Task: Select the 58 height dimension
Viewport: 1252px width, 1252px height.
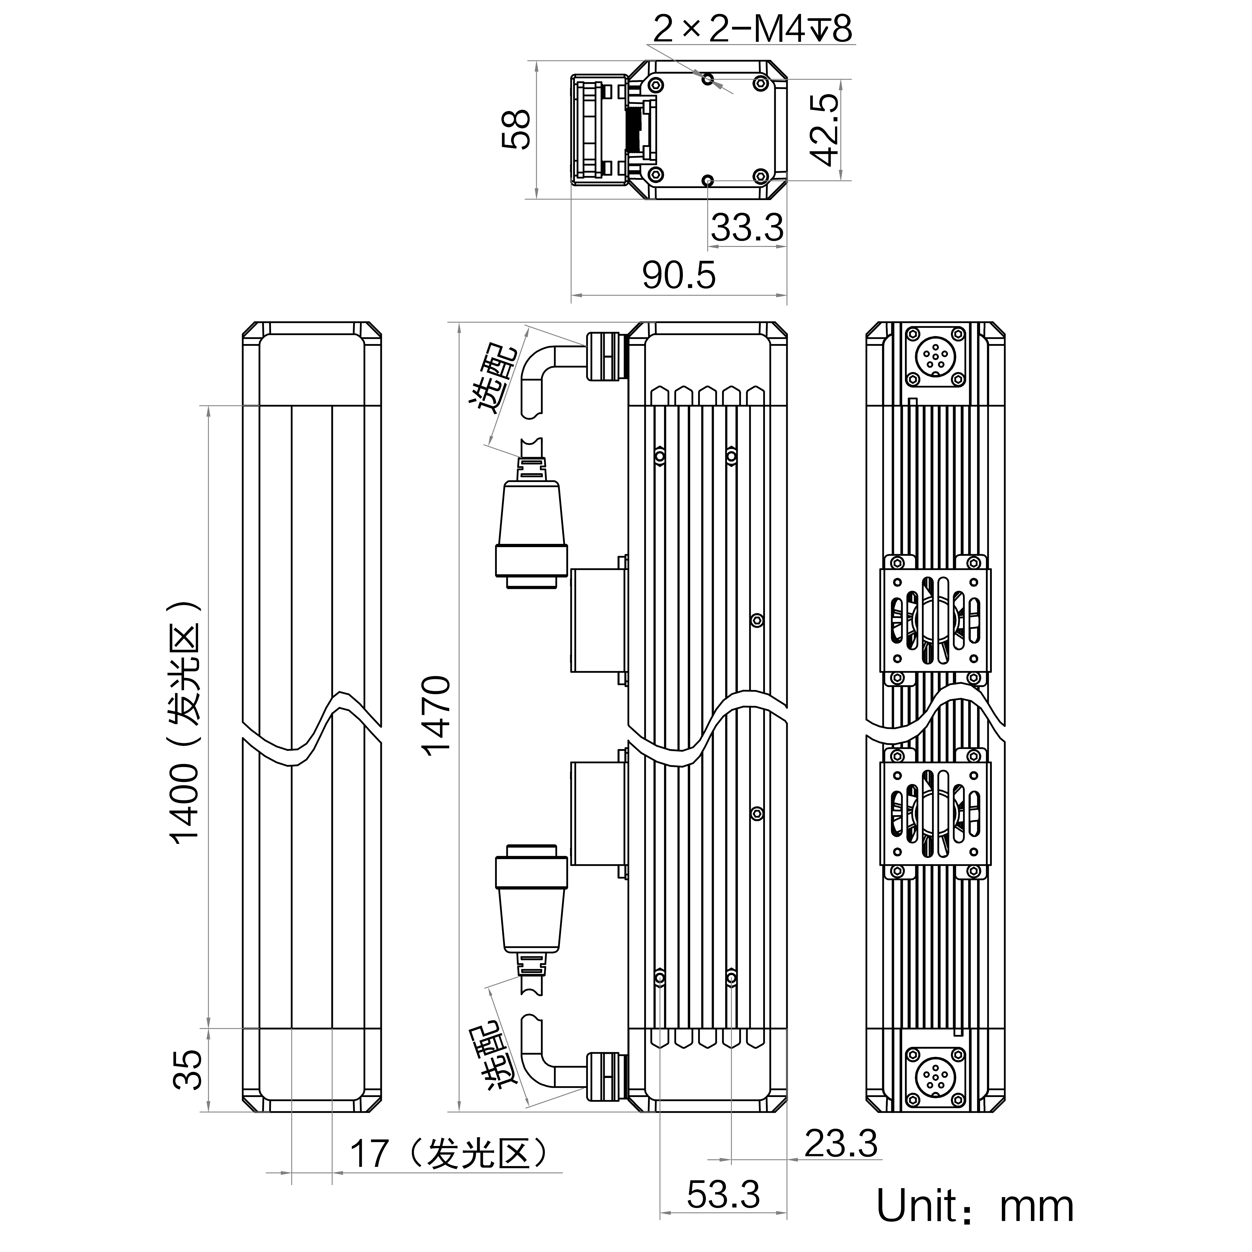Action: coord(517,130)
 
